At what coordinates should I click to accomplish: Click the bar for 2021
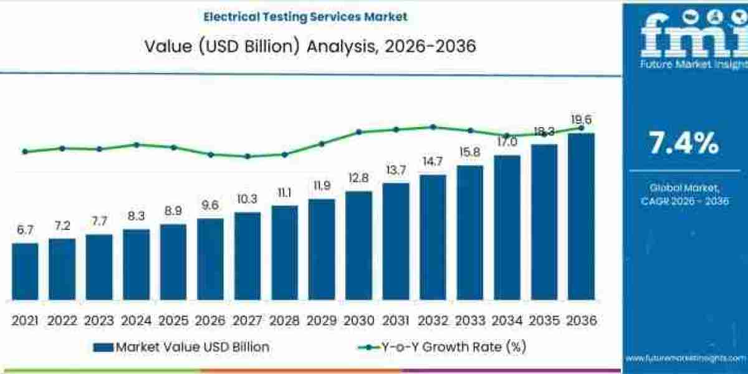tap(25, 271)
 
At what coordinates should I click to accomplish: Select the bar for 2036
tap(581, 216)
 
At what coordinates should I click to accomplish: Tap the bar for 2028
tap(284, 252)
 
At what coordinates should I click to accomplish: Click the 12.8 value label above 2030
tap(358, 178)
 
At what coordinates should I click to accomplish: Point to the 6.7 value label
tap(25, 230)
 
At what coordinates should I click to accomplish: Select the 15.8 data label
tap(469, 153)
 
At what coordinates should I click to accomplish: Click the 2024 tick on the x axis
tap(136, 320)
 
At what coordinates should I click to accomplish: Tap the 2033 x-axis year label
tap(469, 320)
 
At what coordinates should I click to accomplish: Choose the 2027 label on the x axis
tap(247, 320)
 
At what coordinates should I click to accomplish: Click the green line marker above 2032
tap(433, 127)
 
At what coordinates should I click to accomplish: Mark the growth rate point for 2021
tap(25, 151)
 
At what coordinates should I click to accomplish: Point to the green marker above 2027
tap(247, 156)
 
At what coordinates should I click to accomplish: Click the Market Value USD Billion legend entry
tap(181, 347)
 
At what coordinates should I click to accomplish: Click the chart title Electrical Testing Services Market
tap(305, 17)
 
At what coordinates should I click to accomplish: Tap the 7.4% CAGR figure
tap(684, 144)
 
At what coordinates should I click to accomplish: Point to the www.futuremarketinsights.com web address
tap(686, 358)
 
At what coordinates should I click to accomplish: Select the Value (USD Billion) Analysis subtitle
tap(310, 46)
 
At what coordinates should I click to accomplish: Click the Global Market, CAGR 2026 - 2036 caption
tap(684, 194)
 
